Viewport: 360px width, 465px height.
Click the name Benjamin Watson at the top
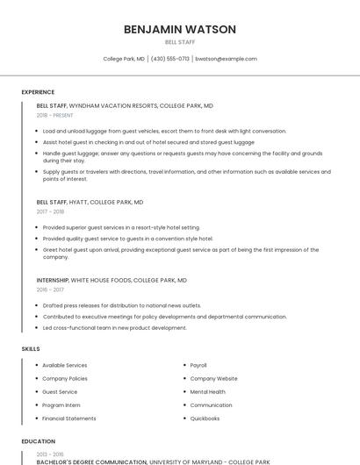click(180, 29)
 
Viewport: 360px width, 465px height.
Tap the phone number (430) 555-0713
click(170, 59)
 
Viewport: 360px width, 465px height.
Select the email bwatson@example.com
click(226, 59)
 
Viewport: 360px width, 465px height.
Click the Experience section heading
click(38, 92)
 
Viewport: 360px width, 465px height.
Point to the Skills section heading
click(31, 349)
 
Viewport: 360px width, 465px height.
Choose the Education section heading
click(38, 441)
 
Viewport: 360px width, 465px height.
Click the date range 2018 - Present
click(56, 115)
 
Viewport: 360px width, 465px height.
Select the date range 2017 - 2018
click(50, 211)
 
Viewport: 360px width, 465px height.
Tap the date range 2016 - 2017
click(50, 290)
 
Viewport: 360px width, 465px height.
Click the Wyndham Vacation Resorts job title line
click(125, 105)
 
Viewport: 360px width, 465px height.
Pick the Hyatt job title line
click(90, 202)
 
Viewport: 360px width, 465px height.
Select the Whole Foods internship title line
click(112, 280)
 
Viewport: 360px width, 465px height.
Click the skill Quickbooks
click(205, 418)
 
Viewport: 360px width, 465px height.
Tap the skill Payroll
click(198, 365)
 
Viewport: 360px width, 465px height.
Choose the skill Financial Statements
click(69, 418)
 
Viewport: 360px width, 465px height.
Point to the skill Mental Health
click(207, 391)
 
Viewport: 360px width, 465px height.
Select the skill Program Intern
click(61, 405)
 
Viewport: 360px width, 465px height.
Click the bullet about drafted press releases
click(122, 305)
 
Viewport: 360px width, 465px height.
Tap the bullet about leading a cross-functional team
click(114, 327)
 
